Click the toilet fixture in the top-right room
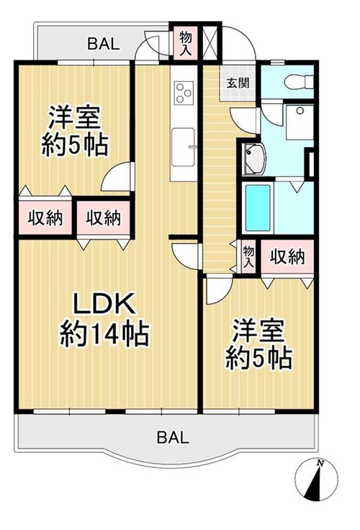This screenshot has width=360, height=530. pos(299,81)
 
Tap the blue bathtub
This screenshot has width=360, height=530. pos(258,207)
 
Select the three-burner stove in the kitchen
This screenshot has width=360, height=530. pos(184,92)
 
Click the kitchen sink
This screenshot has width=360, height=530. pos(183,147)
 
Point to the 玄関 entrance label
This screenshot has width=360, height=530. pos(238,83)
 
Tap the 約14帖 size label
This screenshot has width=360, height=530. pos(104,333)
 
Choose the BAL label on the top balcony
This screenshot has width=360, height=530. pos(104,44)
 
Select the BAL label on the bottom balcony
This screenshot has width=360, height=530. pos(173,437)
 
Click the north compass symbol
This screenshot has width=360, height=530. pos(316,480)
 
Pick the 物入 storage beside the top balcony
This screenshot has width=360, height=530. pos(186,43)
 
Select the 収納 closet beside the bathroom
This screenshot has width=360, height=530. pos(287,257)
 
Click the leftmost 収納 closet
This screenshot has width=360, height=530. pos(45,217)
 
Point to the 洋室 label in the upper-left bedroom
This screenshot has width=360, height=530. pos(75,117)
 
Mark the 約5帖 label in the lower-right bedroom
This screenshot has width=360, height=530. pos(258,359)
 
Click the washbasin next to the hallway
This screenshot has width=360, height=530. pos(254,159)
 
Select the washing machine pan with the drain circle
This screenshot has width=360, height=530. pos(300,122)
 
